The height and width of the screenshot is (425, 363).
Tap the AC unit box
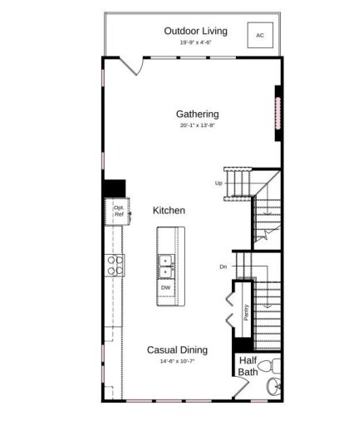(260, 36)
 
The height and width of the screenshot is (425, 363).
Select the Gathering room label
(197, 114)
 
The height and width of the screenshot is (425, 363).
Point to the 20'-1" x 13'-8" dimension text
(197, 126)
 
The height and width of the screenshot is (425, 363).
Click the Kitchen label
(169, 211)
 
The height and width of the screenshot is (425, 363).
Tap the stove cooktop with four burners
(115, 264)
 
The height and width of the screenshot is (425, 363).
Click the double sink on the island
(166, 265)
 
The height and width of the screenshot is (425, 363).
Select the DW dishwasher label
(166, 288)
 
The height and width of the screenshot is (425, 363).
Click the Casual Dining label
(177, 350)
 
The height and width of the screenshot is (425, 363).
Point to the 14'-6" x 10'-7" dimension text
(177, 363)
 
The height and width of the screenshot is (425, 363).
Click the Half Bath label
(248, 366)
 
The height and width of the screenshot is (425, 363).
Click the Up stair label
(218, 183)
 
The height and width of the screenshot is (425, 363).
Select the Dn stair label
(223, 266)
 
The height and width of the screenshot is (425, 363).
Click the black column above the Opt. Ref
(113, 188)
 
